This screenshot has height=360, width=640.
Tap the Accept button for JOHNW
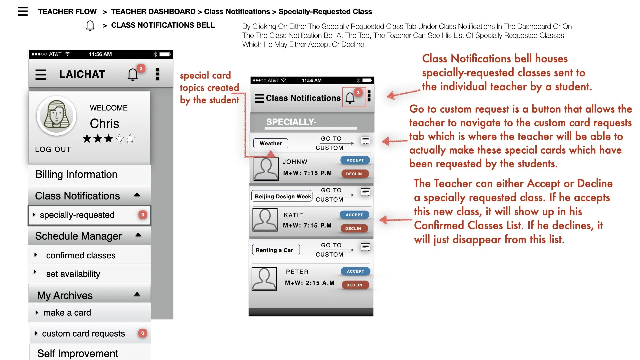click(x=355, y=160)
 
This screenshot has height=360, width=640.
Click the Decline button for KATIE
click(x=354, y=228)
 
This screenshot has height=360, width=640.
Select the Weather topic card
click(x=271, y=143)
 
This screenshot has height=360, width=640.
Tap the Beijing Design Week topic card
click(x=282, y=196)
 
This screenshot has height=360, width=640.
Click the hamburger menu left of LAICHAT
click(x=41, y=74)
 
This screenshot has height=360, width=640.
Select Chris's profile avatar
click(x=56, y=115)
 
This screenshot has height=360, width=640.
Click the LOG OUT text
click(x=53, y=149)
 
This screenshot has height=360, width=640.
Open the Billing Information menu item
click(x=76, y=174)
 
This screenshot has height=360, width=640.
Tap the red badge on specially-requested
click(x=143, y=215)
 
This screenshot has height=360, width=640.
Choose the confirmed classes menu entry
click(x=81, y=255)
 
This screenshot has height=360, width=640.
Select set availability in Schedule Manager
click(x=73, y=274)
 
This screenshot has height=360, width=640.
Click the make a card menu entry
click(x=67, y=313)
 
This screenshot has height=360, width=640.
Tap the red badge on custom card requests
click(x=142, y=333)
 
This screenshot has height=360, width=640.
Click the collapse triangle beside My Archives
click(x=137, y=294)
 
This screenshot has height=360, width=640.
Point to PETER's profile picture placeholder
click(x=264, y=279)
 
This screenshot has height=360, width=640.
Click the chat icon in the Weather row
click(x=365, y=140)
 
